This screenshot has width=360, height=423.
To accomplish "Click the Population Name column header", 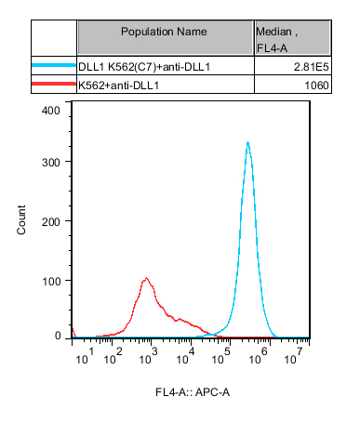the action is point(164,32).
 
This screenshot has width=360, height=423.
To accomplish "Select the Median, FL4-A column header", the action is point(276,39).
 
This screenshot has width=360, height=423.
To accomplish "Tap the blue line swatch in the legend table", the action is point(54,65).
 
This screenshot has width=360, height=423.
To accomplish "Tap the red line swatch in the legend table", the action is point(54,84).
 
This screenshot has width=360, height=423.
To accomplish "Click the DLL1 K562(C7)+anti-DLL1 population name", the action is point(144,67).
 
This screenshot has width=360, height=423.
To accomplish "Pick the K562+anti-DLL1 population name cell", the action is point(118,86).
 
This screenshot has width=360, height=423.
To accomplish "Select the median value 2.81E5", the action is point(311,67).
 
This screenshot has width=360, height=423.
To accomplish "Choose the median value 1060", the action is point(316,86).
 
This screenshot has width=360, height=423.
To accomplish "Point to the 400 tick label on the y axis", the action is point(51,111).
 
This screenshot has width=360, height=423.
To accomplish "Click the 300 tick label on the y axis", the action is point(51,162).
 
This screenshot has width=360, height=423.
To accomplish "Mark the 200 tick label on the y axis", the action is point(51,221).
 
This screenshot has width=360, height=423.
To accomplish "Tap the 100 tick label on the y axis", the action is point(51,282).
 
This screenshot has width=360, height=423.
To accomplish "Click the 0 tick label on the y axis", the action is point(58,336).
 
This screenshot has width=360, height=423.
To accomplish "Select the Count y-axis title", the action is point(21,219).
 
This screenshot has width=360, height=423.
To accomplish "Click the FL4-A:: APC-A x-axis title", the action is point(193,392).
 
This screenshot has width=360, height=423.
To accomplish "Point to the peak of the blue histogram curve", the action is point(247,142).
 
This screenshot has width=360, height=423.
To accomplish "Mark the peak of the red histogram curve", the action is point(146,278).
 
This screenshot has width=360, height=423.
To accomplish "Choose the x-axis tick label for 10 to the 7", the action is point(293,356).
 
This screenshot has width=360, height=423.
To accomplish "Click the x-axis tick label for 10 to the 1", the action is point(85,356).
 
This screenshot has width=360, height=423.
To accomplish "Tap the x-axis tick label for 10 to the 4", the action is point(186,356).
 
